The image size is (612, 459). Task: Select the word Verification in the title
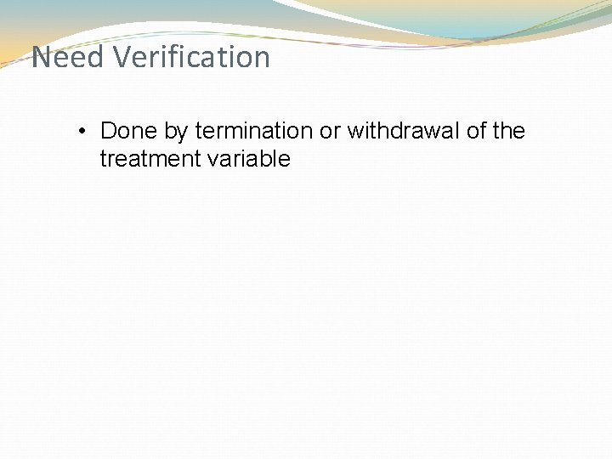[x=190, y=58]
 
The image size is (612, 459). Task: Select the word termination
[x=253, y=131]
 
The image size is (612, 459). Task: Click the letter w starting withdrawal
[x=354, y=132]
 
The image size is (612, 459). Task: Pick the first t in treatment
[x=103, y=159]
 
